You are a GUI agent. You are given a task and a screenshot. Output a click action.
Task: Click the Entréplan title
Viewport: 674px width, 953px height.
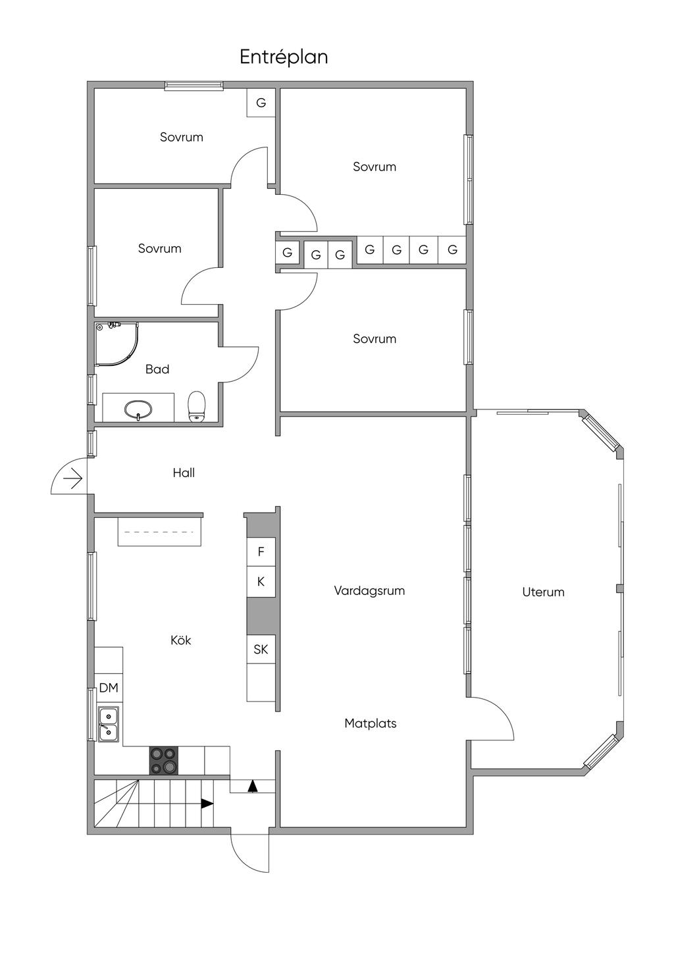click(284, 57)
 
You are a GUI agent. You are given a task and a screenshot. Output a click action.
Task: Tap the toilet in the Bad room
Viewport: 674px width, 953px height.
click(197, 407)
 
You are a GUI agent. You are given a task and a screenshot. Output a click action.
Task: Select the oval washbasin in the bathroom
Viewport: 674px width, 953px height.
click(138, 409)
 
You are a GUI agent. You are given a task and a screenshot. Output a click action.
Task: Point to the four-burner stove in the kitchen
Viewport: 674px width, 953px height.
click(164, 760)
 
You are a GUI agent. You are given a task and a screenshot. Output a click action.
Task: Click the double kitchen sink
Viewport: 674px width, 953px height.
click(109, 724)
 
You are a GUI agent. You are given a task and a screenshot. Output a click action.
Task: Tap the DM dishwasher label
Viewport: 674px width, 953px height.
click(109, 688)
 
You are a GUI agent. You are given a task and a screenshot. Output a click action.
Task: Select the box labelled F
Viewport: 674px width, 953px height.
click(261, 552)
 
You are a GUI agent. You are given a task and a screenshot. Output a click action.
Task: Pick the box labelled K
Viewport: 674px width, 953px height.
click(261, 582)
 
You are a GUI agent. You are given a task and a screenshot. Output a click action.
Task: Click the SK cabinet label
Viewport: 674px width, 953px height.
click(261, 649)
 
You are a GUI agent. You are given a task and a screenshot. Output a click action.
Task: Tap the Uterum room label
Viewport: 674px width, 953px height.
click(544, 592)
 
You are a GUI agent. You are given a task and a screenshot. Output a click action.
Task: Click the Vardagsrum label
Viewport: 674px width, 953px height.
click(369, 590)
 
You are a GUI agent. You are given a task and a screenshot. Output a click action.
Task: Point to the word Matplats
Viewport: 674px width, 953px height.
click(371, 723)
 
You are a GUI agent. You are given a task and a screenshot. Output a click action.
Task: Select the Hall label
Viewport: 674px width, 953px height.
click(184, 473)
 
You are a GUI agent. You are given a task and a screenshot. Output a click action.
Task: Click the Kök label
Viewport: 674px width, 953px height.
click(181, 640)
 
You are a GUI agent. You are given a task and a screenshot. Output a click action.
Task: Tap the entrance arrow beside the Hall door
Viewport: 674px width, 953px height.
click(73, 478)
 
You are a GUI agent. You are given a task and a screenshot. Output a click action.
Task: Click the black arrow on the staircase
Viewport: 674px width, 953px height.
click(207, 804)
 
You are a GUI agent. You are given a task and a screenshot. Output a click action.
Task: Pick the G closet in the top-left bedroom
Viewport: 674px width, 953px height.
click(261, 103)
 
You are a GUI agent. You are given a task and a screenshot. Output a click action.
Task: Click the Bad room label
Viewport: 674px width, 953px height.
click(157, 369)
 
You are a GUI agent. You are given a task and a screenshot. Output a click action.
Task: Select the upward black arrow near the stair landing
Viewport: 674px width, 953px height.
click(253, 786)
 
